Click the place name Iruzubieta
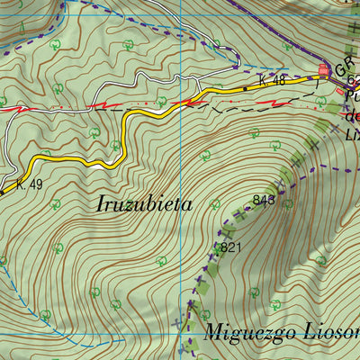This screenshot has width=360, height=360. [144, 203]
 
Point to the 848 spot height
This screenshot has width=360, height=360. [264, 200]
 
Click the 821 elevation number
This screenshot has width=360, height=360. [231, 247]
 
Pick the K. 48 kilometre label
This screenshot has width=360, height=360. [272, 81]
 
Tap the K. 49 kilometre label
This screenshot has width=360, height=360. [29, 185]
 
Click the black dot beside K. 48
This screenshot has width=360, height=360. [245, 89]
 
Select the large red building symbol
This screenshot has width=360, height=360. [324, 70]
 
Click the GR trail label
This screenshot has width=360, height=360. [346, 67]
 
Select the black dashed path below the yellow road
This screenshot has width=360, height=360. [225, 105]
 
